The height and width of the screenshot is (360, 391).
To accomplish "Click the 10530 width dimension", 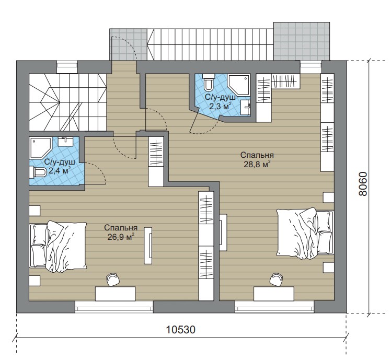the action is [181, 330].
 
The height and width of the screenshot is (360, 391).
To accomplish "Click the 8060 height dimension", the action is [363, 184].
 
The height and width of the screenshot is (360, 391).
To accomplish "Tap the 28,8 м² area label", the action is [257, 165].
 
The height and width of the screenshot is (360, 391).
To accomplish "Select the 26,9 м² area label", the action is [121, 237].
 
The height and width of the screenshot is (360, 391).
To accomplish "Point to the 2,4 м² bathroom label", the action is [60, 171].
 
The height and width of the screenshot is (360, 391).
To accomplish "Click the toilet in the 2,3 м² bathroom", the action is [208, 82].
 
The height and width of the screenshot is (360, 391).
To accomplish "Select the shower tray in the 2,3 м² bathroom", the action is [238, 85].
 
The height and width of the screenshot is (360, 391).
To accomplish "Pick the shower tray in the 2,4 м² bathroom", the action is [40, 147].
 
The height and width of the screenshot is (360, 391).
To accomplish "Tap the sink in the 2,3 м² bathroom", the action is [246, 108].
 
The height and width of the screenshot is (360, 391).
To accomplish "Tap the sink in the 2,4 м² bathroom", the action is [65, 142].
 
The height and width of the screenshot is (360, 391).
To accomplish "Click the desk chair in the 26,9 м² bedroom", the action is [113, 280].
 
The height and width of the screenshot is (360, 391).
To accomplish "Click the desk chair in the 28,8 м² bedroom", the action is [277, 280].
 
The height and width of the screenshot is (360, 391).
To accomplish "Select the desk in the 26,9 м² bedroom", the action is [115, 294].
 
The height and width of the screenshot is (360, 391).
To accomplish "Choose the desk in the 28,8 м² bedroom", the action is [274, 294].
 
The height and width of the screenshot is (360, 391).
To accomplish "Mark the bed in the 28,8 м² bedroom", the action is [305, 233].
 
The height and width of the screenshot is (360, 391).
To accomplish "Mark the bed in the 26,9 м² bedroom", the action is [58, 246].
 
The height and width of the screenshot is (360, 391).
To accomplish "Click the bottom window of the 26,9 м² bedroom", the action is [114, 307].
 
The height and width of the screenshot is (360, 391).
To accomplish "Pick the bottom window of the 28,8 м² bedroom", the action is [274, 307].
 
